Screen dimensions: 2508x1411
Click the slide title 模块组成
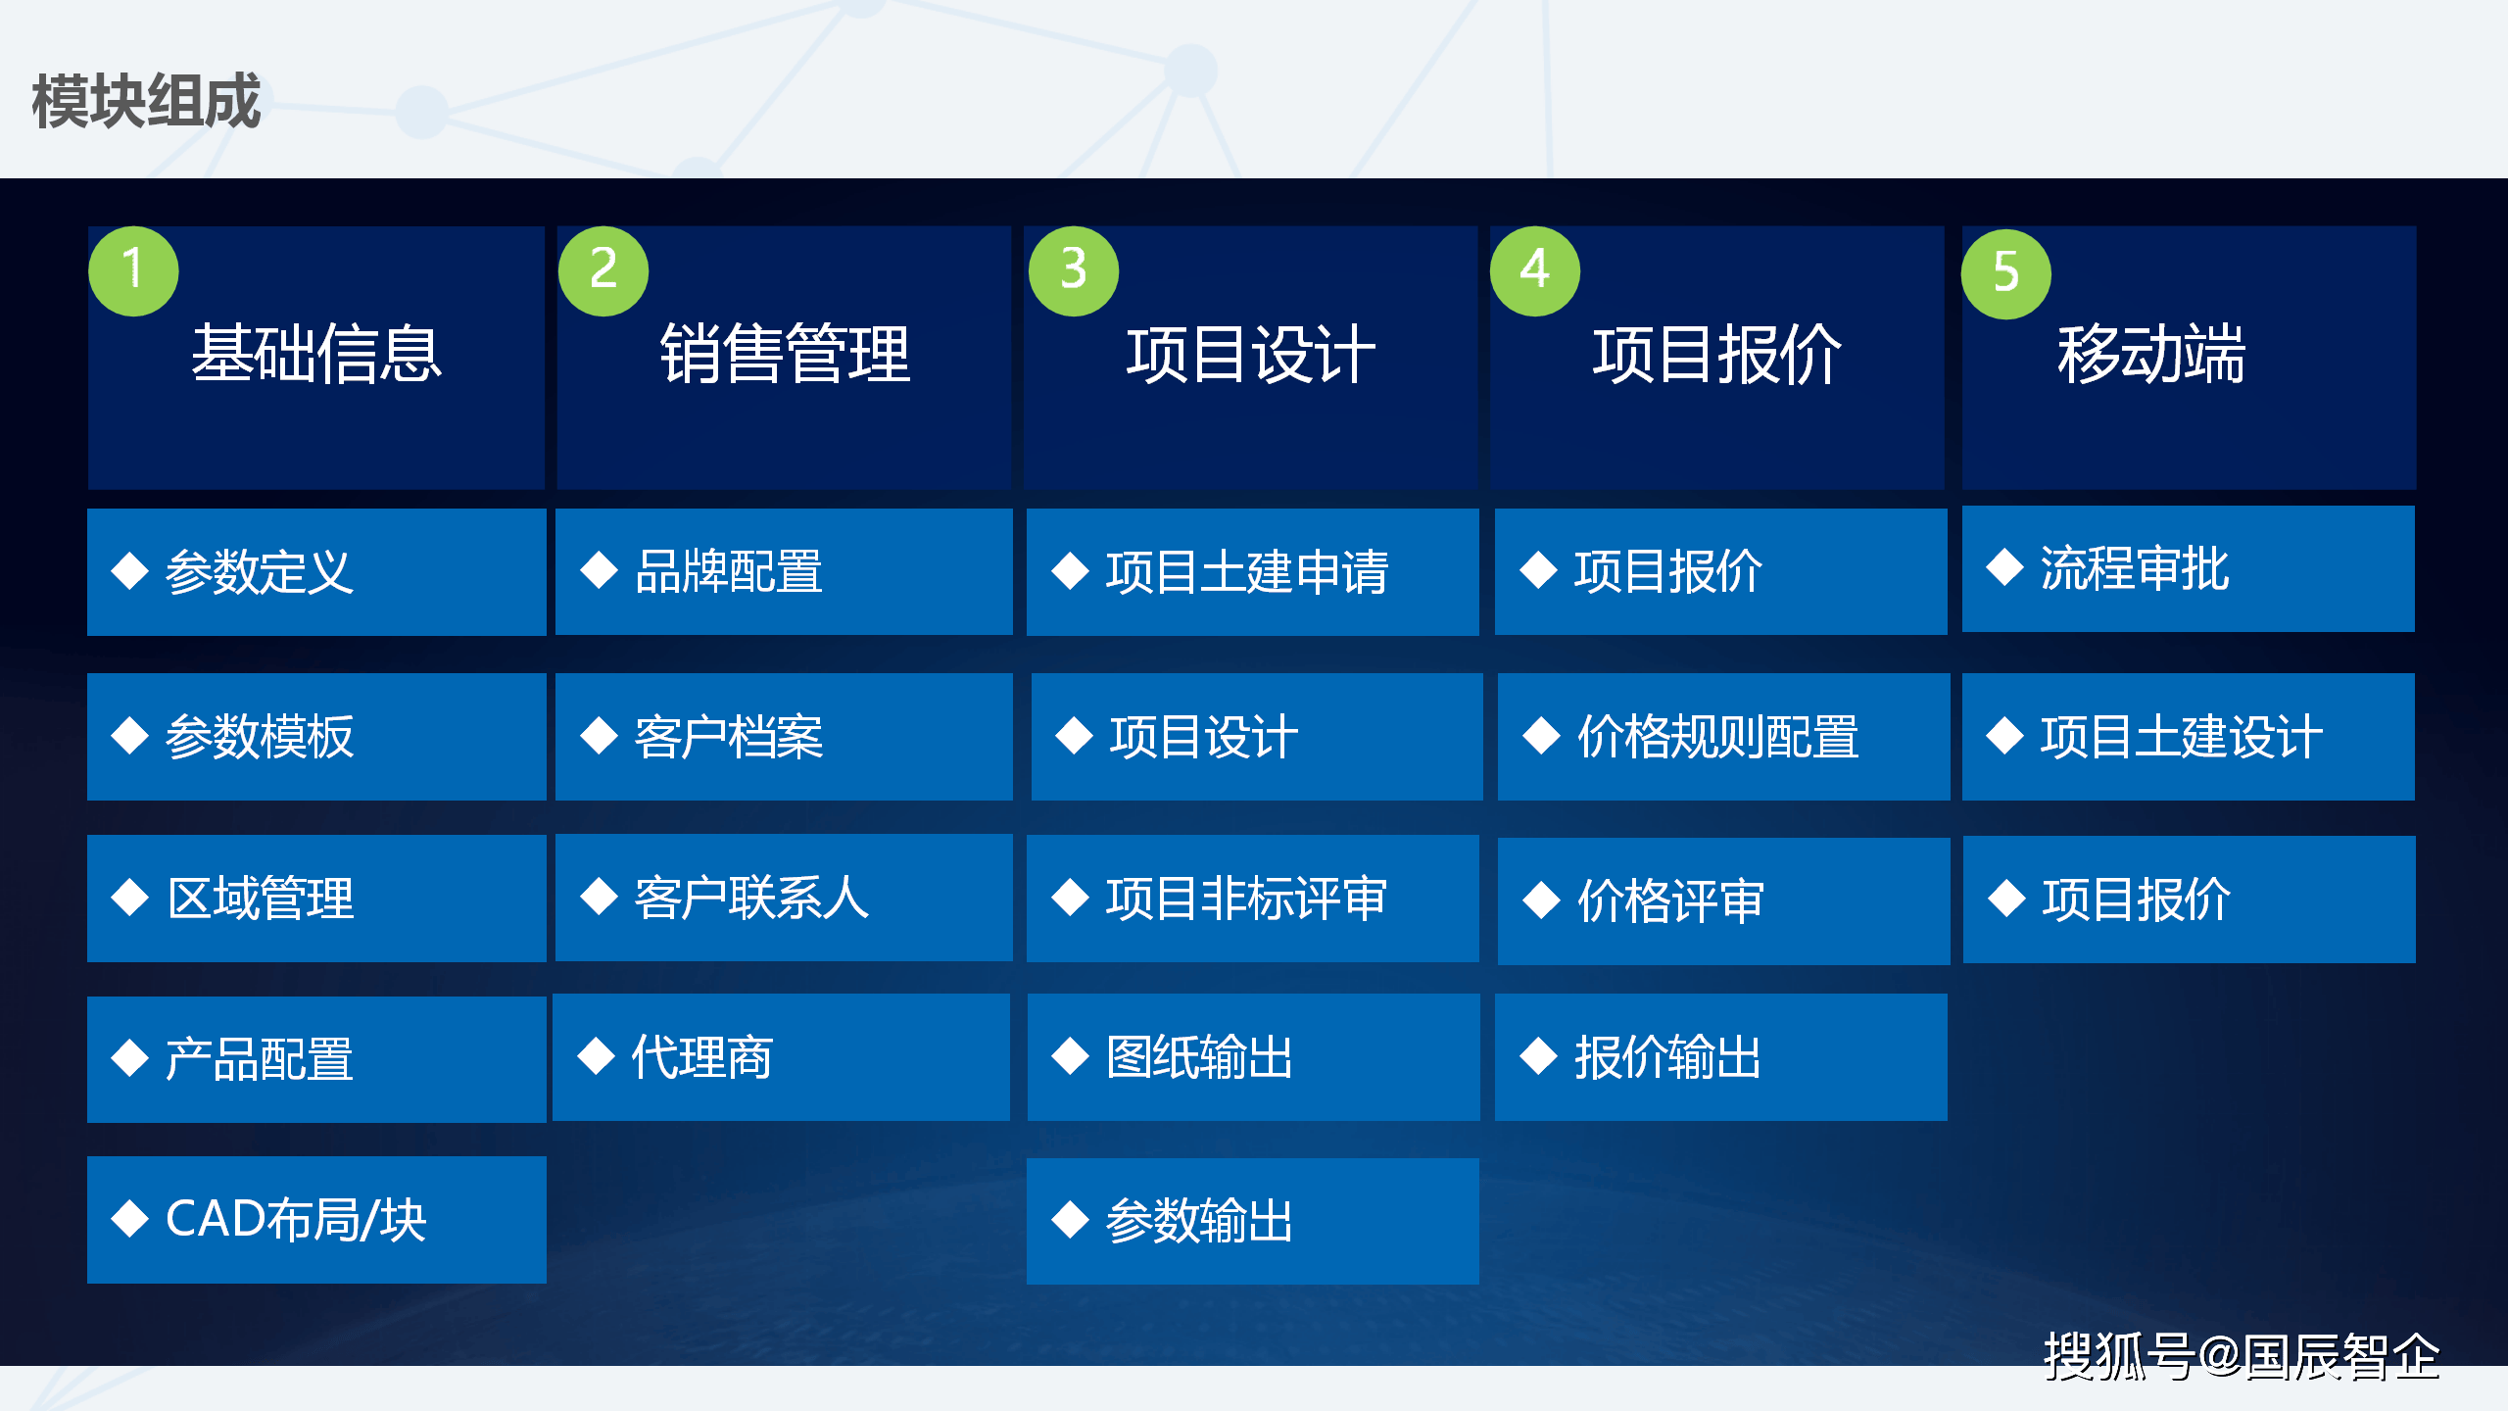point(147,101)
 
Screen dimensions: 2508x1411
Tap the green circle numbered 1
point(133,270)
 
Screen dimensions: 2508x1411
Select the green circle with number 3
point(1074,270)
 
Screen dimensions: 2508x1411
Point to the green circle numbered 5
point(2006,273)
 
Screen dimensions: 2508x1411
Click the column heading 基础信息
point(316,354)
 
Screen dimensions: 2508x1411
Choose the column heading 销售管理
point(785,354)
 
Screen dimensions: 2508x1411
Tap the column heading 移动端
point(2151,354)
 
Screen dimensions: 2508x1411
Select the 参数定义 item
point(316,572)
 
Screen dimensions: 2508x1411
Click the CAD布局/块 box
point(316,1220)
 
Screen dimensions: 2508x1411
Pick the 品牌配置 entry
point(784,571)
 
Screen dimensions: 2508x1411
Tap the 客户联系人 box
point(784,898)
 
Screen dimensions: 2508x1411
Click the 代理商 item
point(781,1057)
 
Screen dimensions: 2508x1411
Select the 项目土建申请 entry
point(1253,572)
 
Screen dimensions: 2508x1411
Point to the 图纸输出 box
point(1254,1057)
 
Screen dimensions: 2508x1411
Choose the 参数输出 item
point(1253,1221)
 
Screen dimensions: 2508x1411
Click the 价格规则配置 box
point(1724,737)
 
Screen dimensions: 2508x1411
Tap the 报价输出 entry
point(1721,1057)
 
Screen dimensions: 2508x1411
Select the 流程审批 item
point(2189,569)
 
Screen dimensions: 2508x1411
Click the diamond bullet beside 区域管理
point(130,898)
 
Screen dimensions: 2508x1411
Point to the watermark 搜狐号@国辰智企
point(2242,1357)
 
